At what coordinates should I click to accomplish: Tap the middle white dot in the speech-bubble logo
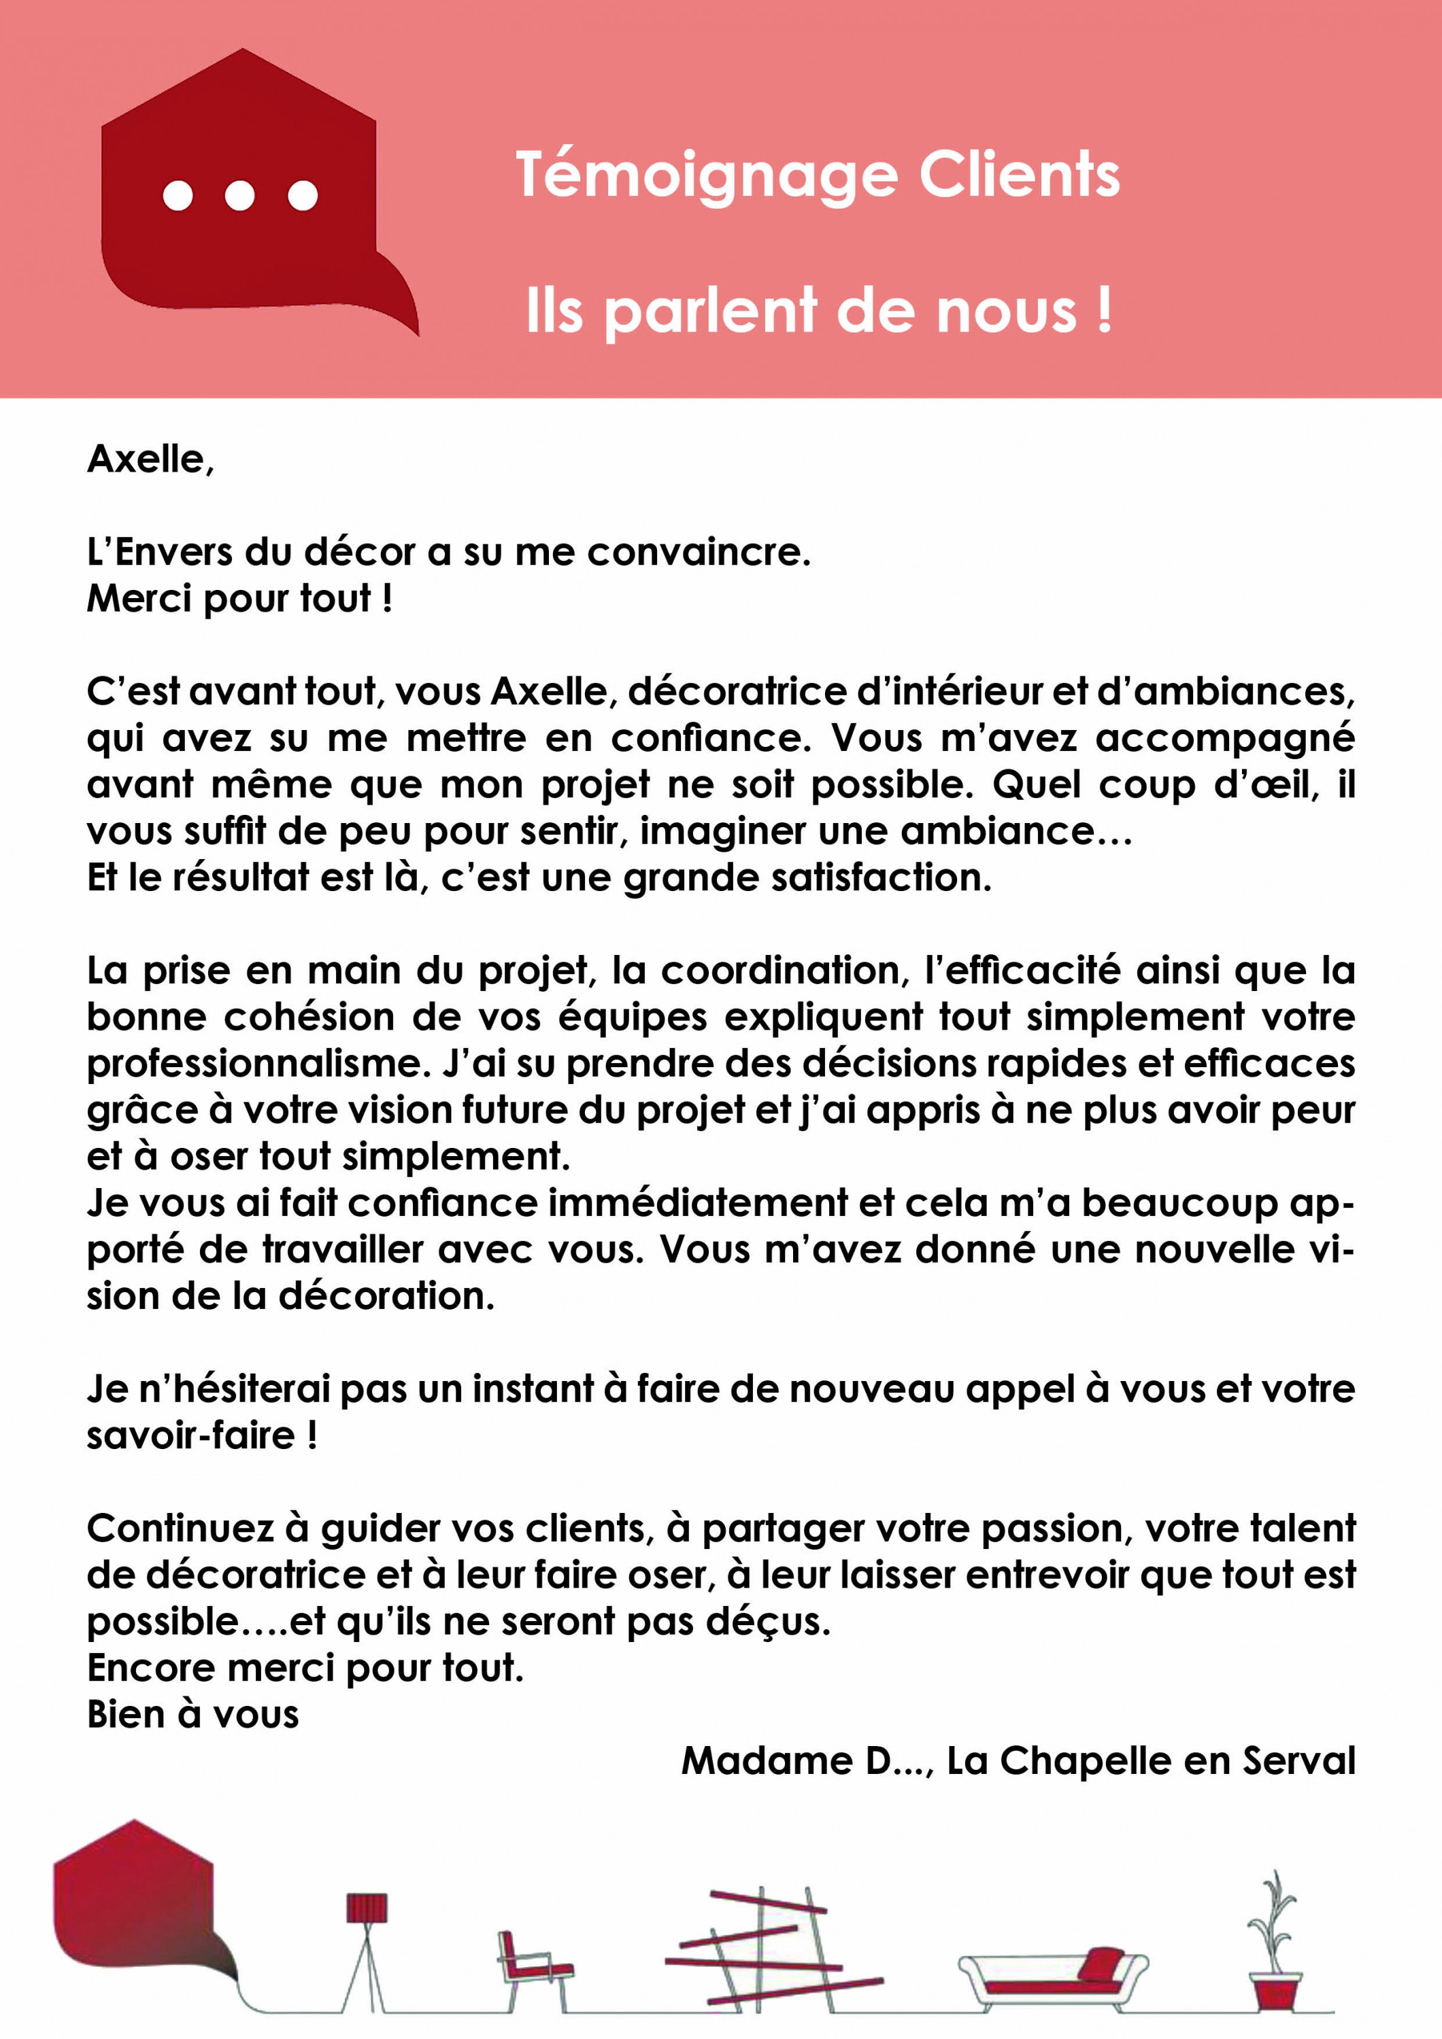pos(240,194)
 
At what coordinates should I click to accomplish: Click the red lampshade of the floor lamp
pos(366,1909)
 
